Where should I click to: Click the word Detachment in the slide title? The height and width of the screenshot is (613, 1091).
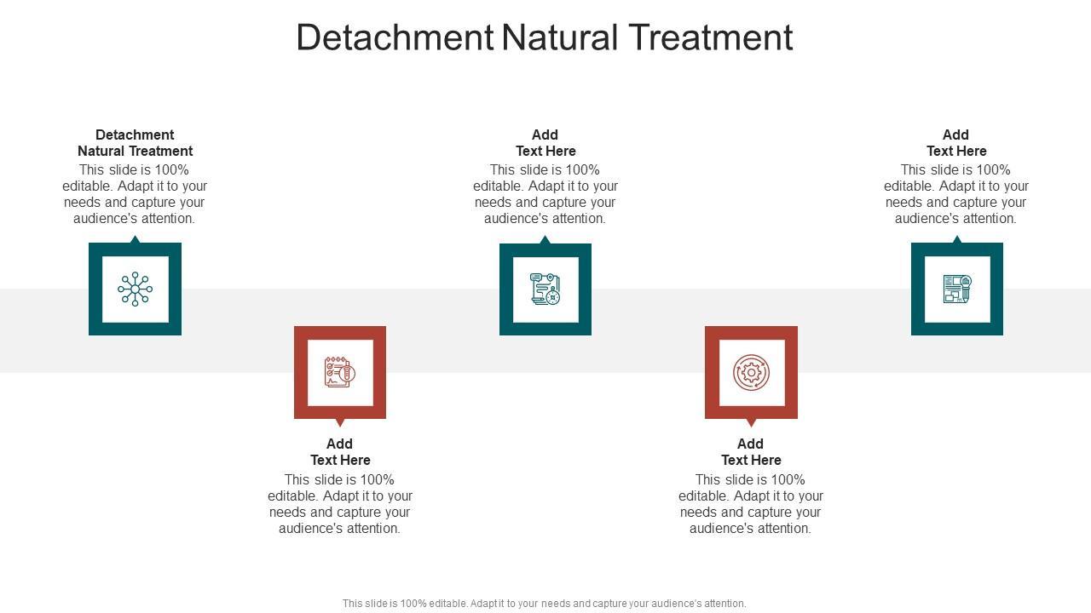[x=395, y=37]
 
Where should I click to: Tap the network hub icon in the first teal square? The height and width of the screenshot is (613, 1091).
[x=135, y=289]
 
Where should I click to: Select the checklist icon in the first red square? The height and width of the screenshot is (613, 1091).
[x=339, y=372]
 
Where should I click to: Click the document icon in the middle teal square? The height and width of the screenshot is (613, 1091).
[x=545, y=289]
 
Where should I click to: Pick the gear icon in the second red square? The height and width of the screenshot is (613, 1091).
[x=751, y=372]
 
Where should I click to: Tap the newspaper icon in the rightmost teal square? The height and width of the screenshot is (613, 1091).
[x=957, y=289]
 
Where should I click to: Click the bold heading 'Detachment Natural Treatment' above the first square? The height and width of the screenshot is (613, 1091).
[x=135, y=143]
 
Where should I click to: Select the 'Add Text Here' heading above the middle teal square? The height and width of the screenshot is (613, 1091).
[x=545, y=143]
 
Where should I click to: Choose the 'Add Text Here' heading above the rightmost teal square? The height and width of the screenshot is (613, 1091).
[x=956, y=143]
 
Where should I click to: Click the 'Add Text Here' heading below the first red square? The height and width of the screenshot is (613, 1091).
[x=340, y=452]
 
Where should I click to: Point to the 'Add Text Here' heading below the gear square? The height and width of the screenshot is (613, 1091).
[x=751, y=452]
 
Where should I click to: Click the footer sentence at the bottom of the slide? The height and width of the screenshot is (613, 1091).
[x=545, y=604]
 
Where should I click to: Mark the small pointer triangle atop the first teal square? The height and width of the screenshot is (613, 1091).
[x=135, y=240]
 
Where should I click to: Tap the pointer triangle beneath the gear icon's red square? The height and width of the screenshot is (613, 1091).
[x=751, y=422]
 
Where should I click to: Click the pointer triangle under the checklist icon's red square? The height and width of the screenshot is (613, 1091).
[x=340, y=422]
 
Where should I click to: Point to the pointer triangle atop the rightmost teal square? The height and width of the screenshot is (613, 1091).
[x=957, y=240]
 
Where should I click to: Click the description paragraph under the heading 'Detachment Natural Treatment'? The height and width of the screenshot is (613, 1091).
[x=135, y=194]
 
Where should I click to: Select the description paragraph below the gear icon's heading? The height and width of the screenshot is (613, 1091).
[x=751, y=504]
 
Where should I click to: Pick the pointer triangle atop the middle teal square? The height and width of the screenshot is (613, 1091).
[x=545, y=240]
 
